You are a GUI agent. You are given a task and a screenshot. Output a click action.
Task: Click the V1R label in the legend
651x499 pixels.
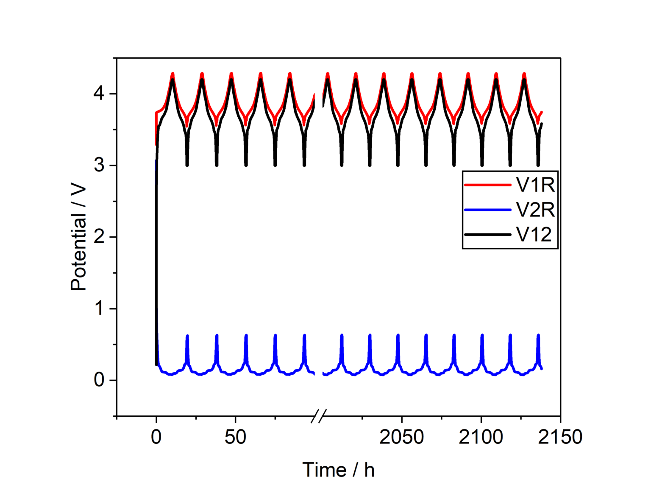pos(535,185)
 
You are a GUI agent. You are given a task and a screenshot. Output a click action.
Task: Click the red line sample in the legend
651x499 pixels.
pos(487,185)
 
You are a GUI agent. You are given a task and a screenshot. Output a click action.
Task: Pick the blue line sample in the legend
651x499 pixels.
pos(487,210)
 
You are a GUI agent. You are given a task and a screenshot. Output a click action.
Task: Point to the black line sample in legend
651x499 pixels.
pos(487,234)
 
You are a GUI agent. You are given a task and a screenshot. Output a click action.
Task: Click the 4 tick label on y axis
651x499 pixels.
pos(99,93)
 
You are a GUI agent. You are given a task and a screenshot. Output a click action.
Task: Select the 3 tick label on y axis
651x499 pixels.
pos(99,165)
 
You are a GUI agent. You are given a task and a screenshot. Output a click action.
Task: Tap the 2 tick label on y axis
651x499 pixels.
pos(99,237)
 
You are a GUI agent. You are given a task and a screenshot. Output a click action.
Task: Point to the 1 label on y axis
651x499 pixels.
pos(100,308)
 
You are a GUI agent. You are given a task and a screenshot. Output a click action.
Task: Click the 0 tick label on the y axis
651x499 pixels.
pos(99,380)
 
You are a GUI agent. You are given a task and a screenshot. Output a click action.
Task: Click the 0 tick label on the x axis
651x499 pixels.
pos(156,437)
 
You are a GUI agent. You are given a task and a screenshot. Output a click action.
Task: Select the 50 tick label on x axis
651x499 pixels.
pos(235,437)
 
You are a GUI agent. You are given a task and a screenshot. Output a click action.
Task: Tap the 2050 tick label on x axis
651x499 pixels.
pos(401,437)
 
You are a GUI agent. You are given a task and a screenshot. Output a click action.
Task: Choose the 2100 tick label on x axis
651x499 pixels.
pos(481,437)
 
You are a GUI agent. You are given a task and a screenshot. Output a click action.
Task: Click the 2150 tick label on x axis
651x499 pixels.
pos(560,437)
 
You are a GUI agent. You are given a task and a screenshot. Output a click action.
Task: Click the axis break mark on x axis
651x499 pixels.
pos(319,416)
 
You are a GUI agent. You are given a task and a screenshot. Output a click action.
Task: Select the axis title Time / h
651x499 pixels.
pos(338,470)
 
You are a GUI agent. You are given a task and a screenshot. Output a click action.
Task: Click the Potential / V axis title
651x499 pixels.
pos(78,238)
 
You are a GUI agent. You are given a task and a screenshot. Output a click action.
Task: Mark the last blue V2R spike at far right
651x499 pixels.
pos(538,344)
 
